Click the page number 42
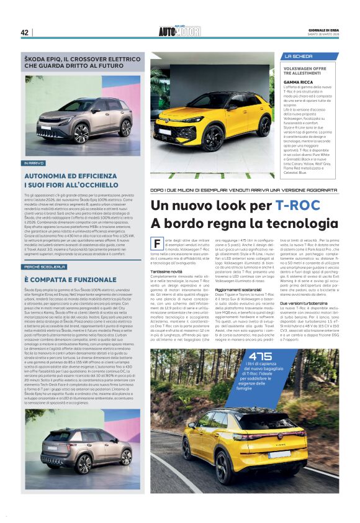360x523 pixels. coord(25,32)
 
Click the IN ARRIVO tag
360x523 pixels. coord(34,163)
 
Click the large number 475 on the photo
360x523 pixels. coord(258,356)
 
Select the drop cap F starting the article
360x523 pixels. coord(158,244)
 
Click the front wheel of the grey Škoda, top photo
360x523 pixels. coord(81,132)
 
